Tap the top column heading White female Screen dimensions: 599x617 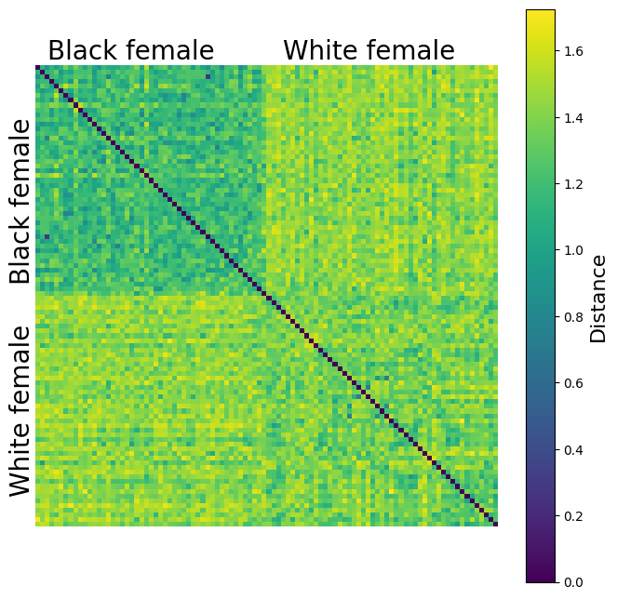369,51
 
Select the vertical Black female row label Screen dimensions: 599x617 20,201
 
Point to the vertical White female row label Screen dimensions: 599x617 20,411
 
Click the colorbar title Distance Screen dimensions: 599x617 598,297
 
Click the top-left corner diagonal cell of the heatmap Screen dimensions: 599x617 38,68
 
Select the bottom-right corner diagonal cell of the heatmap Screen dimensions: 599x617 495,525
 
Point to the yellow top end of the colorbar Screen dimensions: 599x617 540,15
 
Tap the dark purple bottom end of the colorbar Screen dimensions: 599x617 540,577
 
